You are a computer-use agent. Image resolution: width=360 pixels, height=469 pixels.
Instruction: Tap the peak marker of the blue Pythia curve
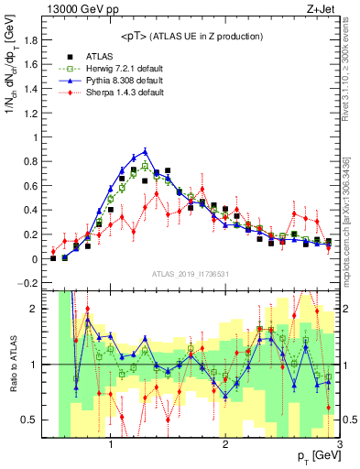point(145,152)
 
